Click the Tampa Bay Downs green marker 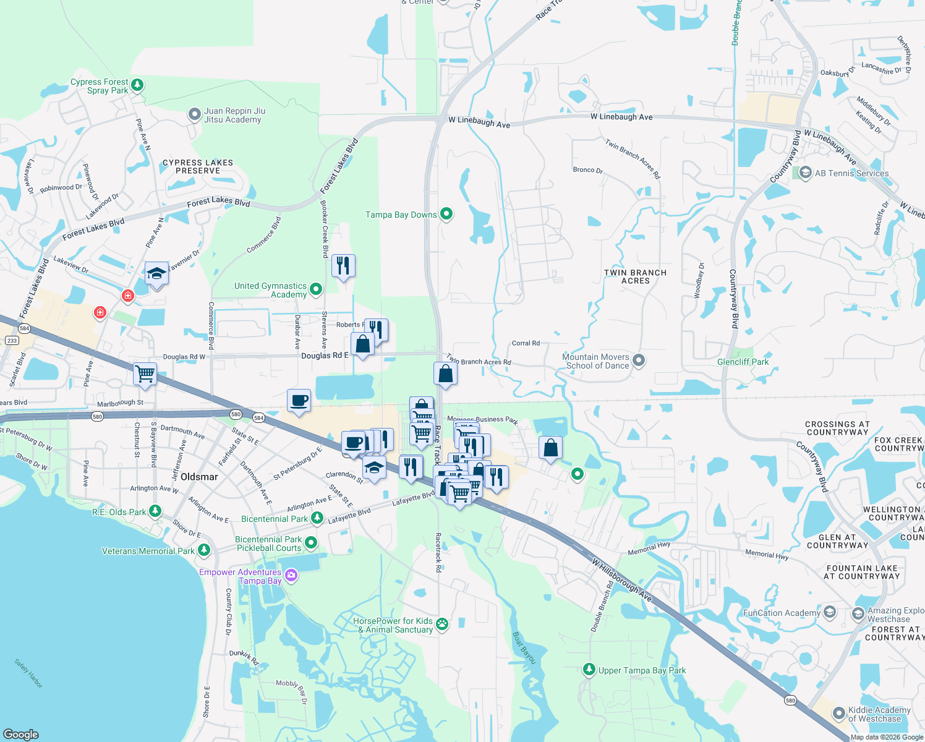pos(446,214)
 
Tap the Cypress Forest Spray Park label pos(100,86)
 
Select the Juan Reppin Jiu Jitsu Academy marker pos(195,114)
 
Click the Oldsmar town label pos(199,477)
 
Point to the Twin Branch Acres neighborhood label pos(635,276)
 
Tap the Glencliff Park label pos(743,362)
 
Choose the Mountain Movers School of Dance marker pos(639,360)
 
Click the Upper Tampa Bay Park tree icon pos(589,670)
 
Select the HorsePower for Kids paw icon pos(442,624)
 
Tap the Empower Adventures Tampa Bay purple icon pos(291,576)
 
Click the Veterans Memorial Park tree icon pos(204,550)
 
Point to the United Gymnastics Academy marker pos(315,289)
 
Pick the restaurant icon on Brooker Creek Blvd pos(343,266)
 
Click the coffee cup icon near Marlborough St pos(299,401)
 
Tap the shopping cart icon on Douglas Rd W pos(145,373)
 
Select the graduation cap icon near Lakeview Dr pos(156,273)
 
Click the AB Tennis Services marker pos(805,173)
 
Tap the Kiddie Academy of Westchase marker pos(838,714)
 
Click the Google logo pos(21,734)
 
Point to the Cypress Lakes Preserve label pos(198,166)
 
